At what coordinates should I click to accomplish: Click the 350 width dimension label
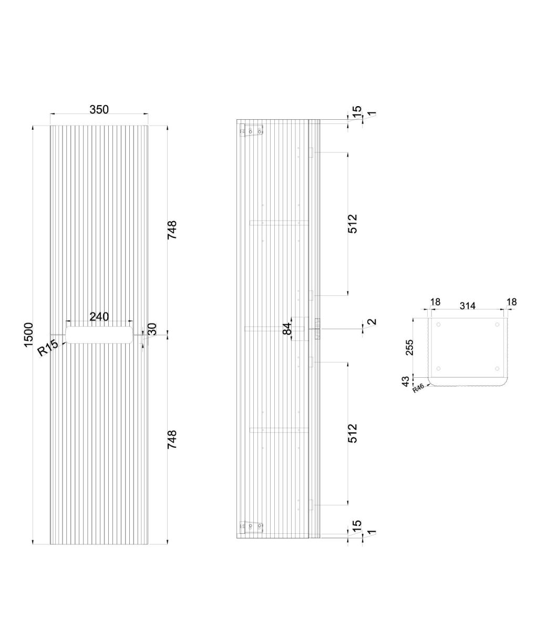[99, 109]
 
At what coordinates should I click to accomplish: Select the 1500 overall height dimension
[28, 335]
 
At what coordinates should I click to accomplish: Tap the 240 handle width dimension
[99, 316]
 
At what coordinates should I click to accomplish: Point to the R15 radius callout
[48, 347]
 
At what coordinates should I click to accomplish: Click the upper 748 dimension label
[172, 230]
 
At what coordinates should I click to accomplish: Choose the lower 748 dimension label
[172, 440]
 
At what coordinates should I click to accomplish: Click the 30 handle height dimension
[152, 329]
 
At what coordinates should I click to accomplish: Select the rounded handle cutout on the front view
[99, 335]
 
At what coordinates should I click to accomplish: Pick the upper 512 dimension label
[353, 224]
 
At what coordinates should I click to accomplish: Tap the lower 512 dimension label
[353, 433]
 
